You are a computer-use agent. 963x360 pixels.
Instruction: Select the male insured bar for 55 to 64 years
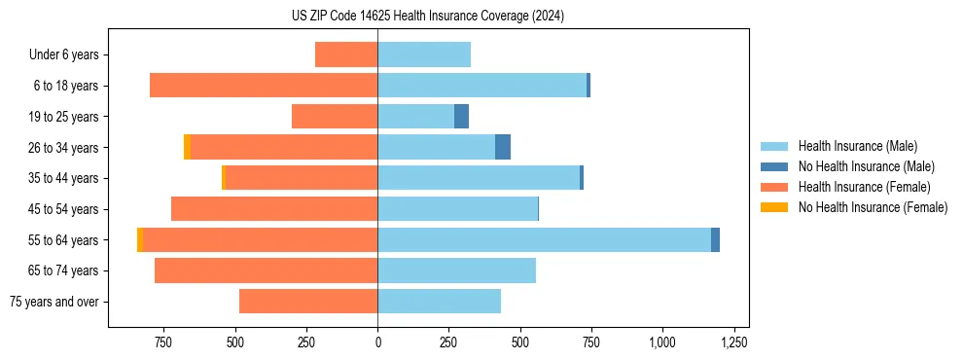coord(544,239)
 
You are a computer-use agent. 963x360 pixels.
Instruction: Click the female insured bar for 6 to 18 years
coord(264,86)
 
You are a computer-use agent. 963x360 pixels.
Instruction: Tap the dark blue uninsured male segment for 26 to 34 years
coord(503,147)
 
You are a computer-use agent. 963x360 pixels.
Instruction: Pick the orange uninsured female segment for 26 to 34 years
coord(187,147)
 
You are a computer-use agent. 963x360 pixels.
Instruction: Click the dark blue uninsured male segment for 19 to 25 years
coord(461,117)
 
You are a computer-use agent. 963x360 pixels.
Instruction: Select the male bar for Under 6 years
coord(424,54)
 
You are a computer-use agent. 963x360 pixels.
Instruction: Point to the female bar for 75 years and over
coord(308,302)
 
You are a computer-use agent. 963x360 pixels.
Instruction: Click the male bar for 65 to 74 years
coord(456,270)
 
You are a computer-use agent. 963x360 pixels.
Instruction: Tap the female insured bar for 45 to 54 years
coord(274,209)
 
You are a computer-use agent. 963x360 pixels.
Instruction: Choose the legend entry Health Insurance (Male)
coord(856,146)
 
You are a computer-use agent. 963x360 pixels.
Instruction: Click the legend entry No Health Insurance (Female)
coord(873,207)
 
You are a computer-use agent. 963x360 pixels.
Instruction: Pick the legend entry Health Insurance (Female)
coord(864,187)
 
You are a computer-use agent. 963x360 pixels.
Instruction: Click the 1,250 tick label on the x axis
coord(733,342)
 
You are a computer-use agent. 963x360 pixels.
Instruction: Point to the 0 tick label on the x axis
coord(377,342)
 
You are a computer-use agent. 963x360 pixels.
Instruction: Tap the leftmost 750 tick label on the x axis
coord(163,342)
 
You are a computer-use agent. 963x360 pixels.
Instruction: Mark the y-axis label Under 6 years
coord(64,54)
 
